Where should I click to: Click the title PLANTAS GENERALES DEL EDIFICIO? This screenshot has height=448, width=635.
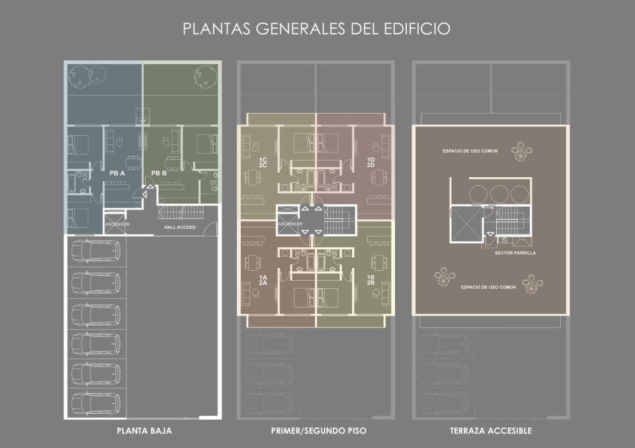(x=316, y=29)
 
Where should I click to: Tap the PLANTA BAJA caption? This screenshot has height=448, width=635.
(x=144, y=431)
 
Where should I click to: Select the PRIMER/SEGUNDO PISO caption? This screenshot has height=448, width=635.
(x=319, y=431)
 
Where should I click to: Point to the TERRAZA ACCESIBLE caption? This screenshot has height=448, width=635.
(x=491, y=431)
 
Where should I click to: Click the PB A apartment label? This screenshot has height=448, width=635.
(x=117, y=173)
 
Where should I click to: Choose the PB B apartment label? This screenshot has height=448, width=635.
(x=159, y=173)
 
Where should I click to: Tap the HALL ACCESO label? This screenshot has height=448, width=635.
(x=180, y=227)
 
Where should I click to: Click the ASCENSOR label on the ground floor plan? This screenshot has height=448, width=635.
(x=118, y=224)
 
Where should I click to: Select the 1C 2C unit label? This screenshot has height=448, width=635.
(x=263, y=162)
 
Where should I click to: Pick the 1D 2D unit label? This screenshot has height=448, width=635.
(x=371, y=162)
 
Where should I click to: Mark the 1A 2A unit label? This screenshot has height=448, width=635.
(x=263, y=280)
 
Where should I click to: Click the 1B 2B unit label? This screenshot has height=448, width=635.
(x=371, y=279)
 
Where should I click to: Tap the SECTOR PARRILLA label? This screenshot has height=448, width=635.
(x=515, y=253)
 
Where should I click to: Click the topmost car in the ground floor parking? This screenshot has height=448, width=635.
(x=96, y=251)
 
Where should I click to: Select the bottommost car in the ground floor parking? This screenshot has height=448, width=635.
(x=96, y=403)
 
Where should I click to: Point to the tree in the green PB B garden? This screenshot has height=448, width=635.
(x=206, y=76)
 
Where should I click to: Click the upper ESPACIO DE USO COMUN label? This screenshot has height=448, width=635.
(x=470, y=151)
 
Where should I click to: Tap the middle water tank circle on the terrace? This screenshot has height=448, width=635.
(x=499, y=195)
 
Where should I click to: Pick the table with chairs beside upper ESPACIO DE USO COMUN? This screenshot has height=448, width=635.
(x=522, y=152)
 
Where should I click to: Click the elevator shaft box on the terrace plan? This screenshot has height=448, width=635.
(x=465, y=225)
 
